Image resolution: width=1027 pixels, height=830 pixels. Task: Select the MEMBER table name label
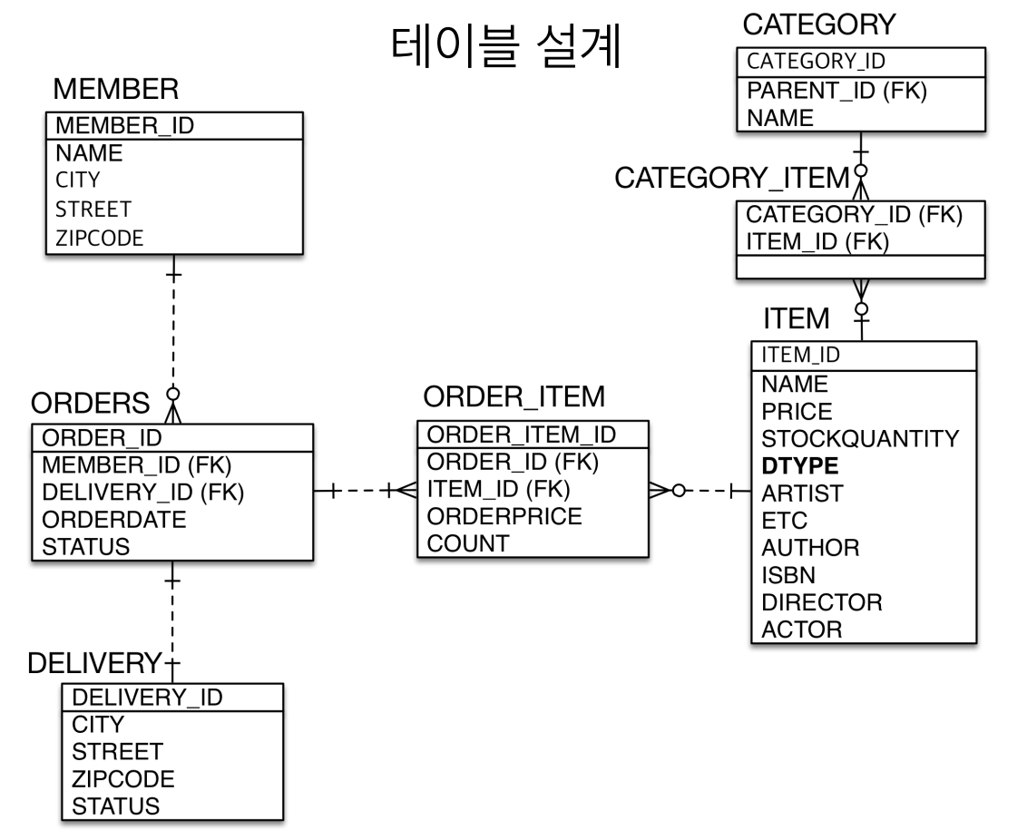pos(115,90)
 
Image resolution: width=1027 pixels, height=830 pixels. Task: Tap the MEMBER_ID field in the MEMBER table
pos(125,124)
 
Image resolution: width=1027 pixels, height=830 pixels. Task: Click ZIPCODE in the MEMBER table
pos(100,238)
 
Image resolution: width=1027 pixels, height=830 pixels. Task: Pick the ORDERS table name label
pos(91,403)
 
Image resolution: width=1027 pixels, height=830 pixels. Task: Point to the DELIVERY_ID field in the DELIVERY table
pos(146,697)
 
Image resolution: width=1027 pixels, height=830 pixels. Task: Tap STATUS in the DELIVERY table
pos(114,806)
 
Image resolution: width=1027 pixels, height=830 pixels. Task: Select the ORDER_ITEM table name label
pos(514,396)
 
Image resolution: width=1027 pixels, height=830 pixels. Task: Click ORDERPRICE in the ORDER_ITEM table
pos(504,516)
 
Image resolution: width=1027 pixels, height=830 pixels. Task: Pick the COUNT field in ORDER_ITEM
pos(468,543)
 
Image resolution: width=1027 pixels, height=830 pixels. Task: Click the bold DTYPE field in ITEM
pos(799,466)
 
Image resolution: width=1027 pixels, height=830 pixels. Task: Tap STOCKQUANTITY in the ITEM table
pos(859,439)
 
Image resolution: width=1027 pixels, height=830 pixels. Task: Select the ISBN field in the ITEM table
pos(787,575)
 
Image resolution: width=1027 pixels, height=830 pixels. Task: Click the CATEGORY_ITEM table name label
pos(731,179)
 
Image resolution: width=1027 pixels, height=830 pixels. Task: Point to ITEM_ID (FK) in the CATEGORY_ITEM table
pos(816,241)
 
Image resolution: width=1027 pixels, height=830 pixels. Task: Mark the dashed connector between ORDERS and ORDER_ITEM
pos(363,491)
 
